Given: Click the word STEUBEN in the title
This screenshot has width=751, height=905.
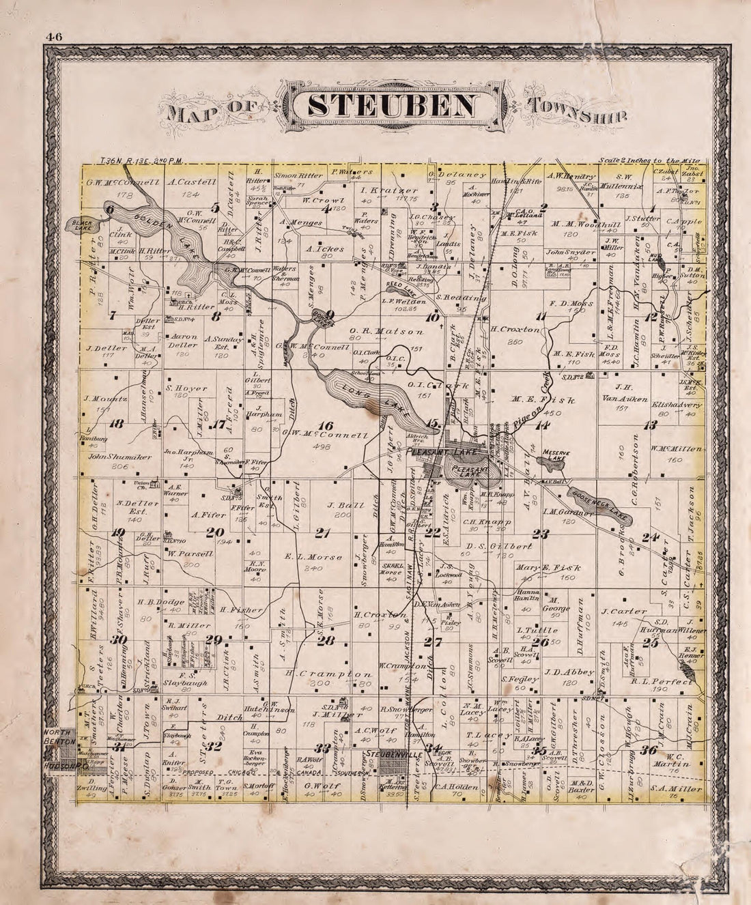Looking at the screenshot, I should tap(392, 106).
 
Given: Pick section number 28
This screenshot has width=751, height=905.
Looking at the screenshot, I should tap(325, 640).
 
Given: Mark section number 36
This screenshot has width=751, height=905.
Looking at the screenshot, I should tap(648, 751).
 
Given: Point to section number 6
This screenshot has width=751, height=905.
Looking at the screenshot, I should tap(109, 210).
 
